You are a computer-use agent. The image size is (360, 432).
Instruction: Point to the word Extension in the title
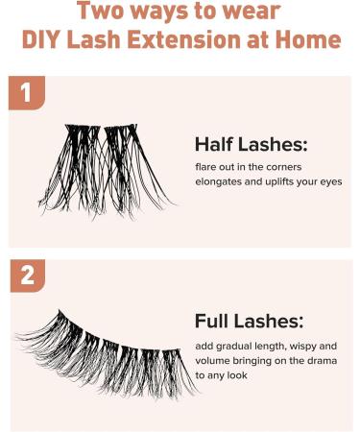191,41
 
